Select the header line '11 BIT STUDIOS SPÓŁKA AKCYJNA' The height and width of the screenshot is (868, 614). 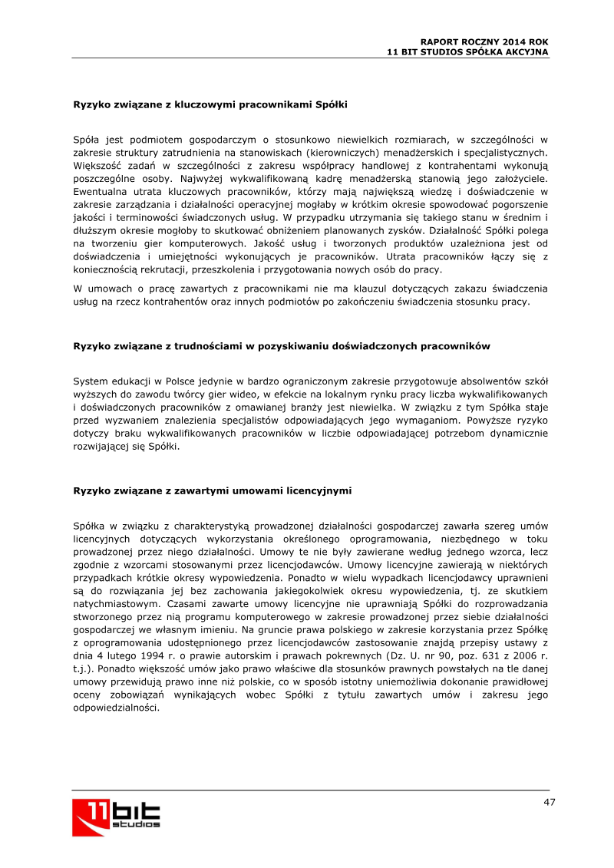(x=467, y=51)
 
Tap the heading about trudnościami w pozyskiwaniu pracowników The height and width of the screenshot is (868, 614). (x=281, y=346)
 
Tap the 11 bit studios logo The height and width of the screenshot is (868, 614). (x=117, y=816)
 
